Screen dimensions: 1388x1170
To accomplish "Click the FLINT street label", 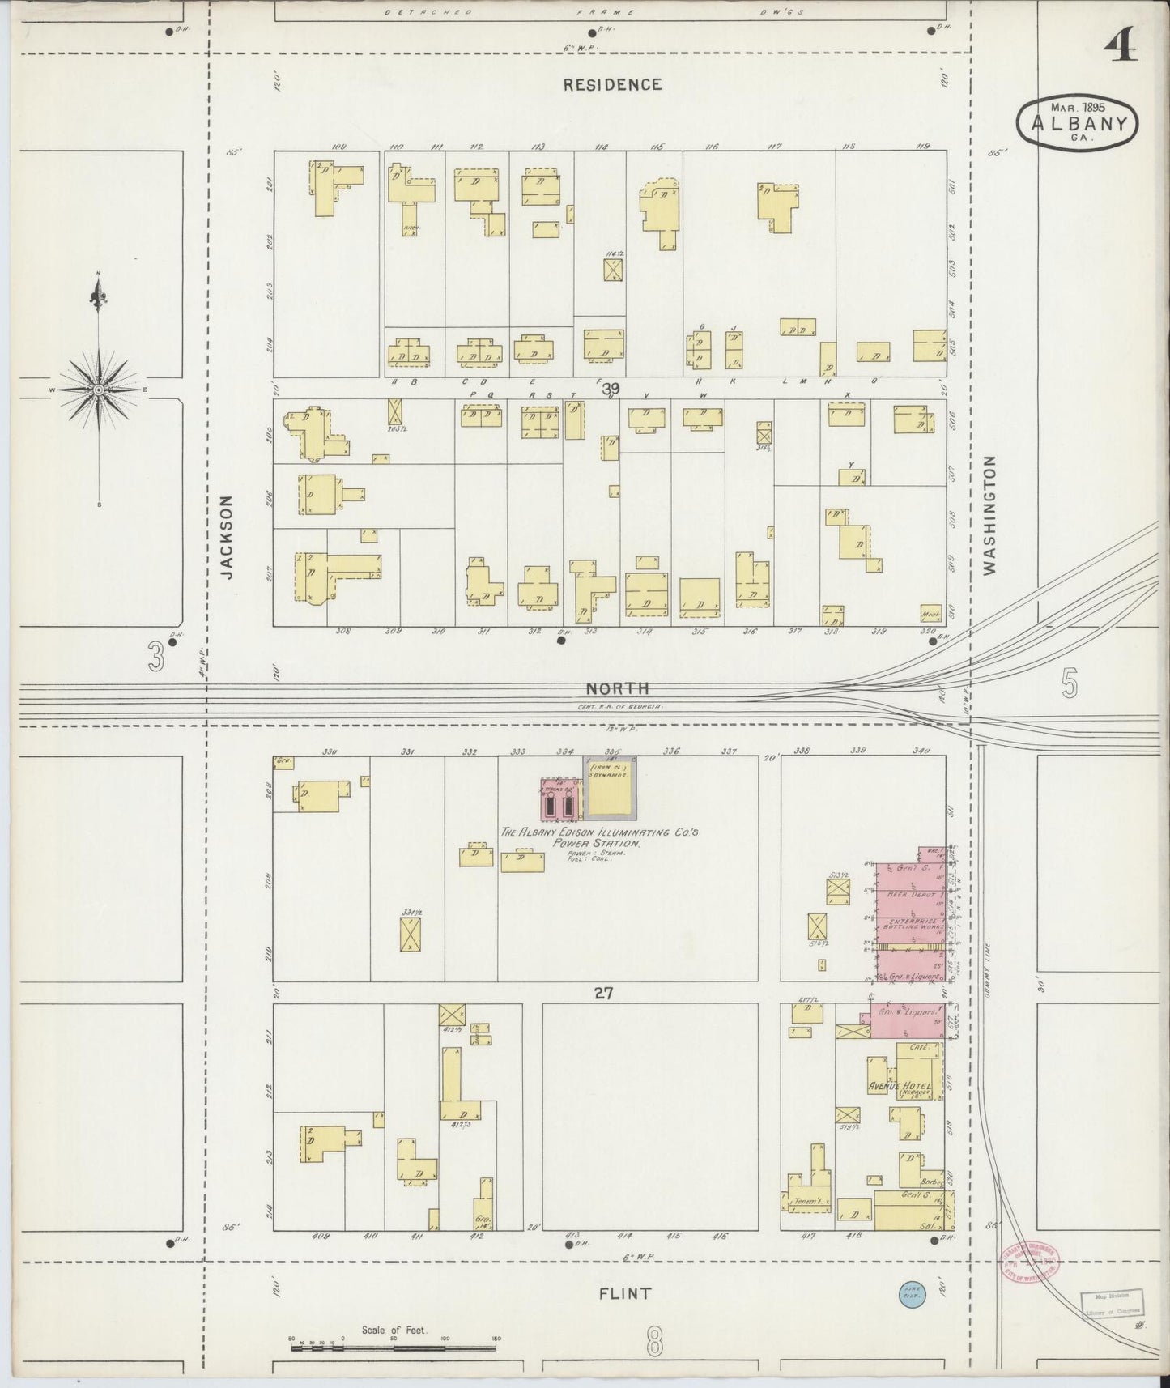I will [624, 1293].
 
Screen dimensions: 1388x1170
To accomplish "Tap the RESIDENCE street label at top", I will [613, 84].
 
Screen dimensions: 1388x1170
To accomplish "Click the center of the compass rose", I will [99, 390].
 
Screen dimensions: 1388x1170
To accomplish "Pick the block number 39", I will [611, 390].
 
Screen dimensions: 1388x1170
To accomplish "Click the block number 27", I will [604, 992].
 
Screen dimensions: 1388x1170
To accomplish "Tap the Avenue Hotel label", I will [899, 1086].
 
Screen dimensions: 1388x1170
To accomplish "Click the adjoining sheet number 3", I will [155, 656].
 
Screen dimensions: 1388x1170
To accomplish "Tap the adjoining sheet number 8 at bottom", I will [654, 1344].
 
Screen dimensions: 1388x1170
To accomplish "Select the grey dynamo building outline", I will [611, 787].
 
